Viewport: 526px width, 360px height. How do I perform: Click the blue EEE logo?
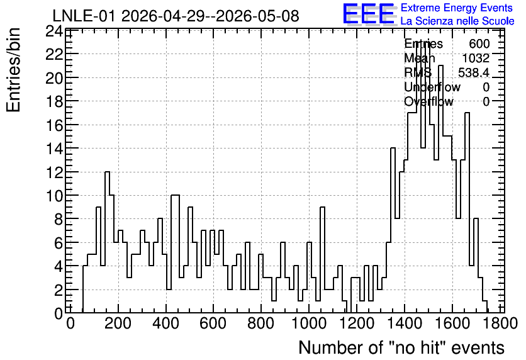tap(369, 14)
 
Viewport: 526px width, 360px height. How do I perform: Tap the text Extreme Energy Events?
tap(457, 8)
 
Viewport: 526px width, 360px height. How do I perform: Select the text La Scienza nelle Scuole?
tap(457, 21)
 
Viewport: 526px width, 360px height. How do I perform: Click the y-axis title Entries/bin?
tap(13, 70)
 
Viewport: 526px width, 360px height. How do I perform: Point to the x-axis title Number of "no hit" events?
tap(401, 347)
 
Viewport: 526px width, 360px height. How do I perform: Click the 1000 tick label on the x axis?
tap(309, 323)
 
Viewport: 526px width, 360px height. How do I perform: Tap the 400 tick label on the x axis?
tap(165, 323)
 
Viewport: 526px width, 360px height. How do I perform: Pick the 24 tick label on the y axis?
tap(54, 32)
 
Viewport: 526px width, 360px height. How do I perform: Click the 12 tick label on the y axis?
tap(54, 172)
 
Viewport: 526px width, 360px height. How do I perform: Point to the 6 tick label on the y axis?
tap(59, 243)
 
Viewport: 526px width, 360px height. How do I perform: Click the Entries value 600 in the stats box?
tap(479, 43)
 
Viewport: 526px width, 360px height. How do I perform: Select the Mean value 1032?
tap(476, 58)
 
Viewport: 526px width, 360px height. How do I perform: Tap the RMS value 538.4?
tap(474, 72)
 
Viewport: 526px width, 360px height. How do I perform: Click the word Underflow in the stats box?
tap(432, 87)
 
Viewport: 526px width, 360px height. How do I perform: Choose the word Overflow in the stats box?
tap(428, 101)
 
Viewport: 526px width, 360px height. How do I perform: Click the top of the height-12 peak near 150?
tap(107, 172)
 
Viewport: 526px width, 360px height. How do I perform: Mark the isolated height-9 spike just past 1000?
tap(322, 207)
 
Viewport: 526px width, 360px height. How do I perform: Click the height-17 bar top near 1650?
tap(467, 113)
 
